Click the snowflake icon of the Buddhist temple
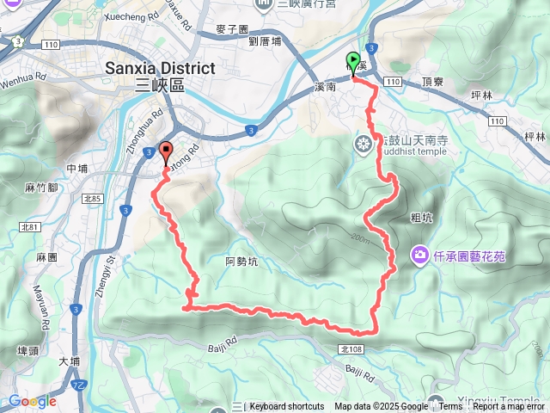(364, 144)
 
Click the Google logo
(32, 401)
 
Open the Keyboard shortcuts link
(287, 407)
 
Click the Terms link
(450, 407)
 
